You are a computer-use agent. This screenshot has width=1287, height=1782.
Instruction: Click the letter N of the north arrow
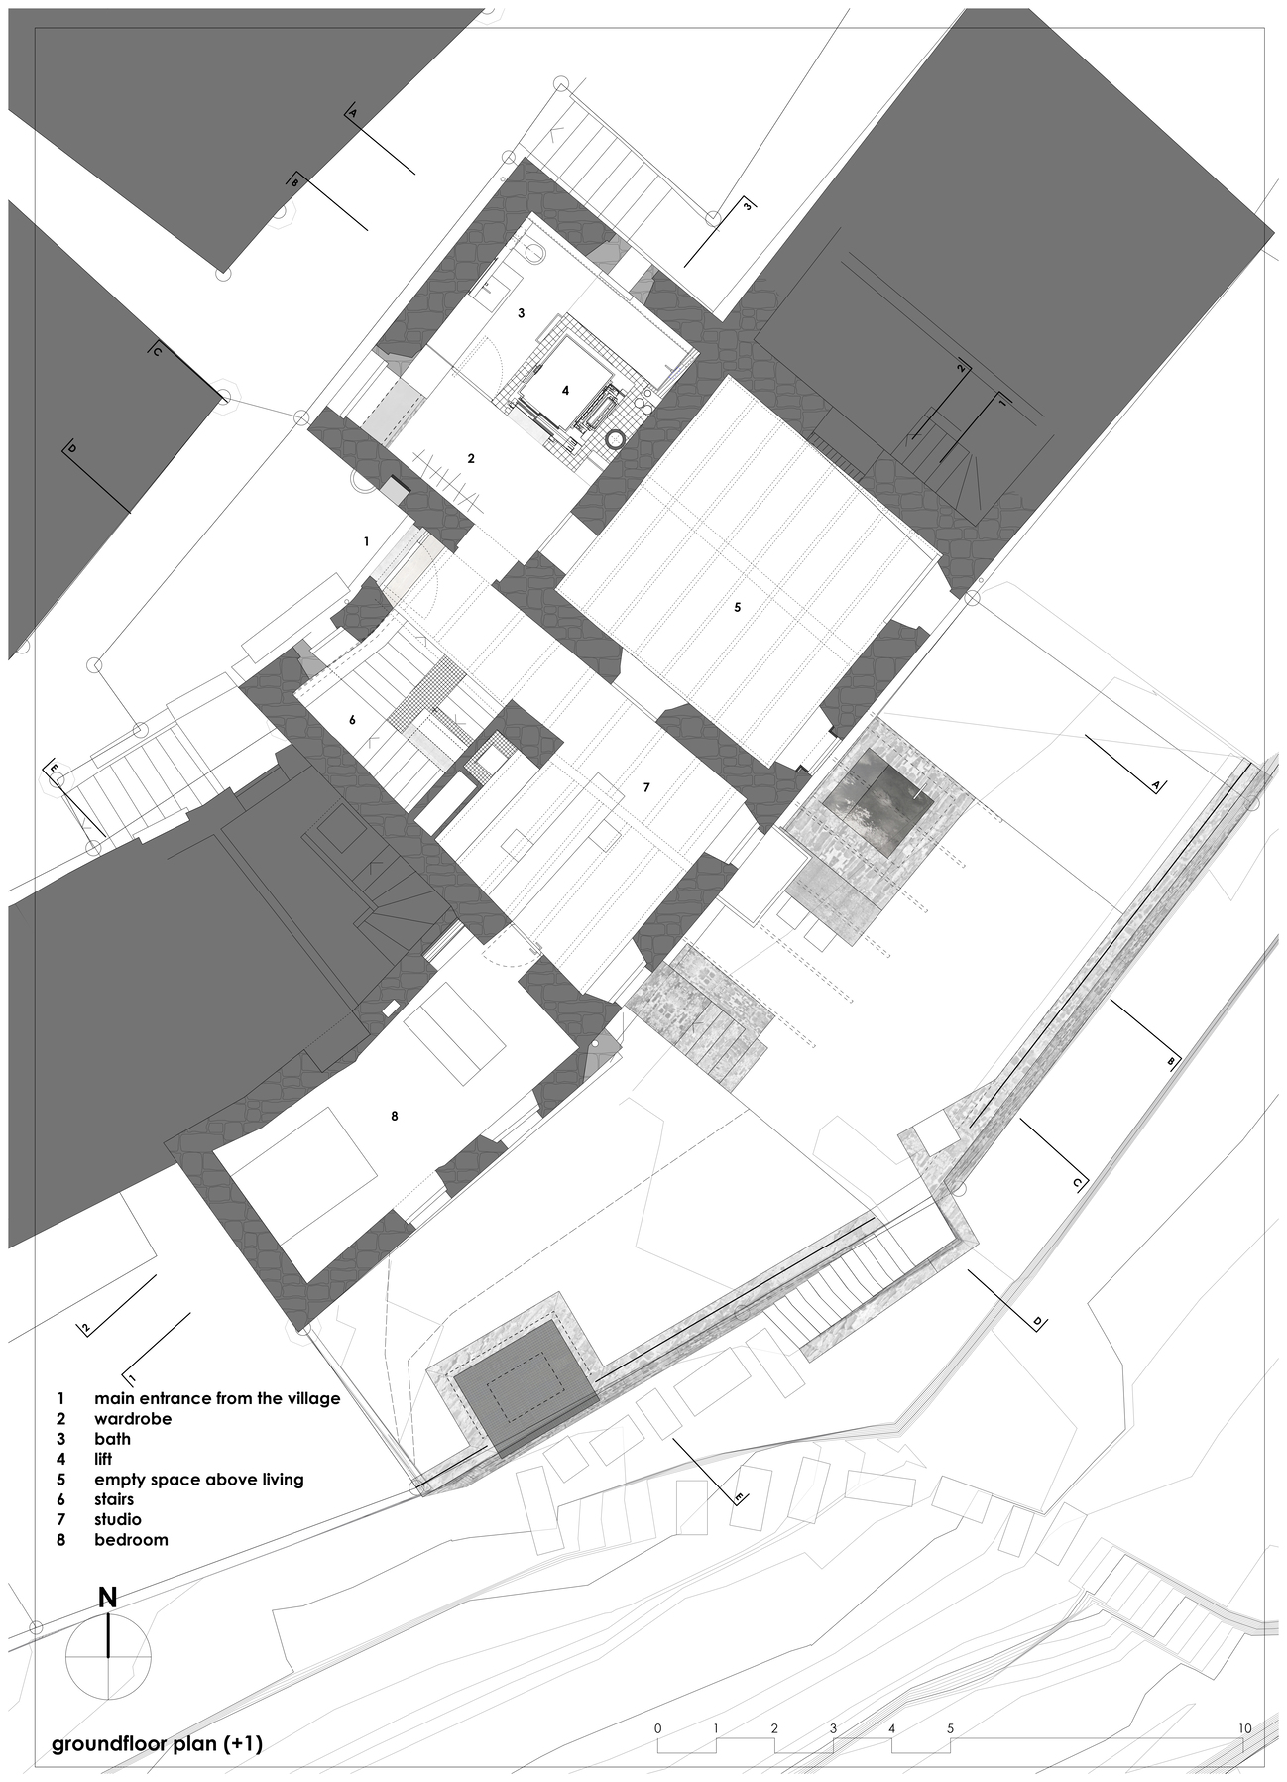tap(108, 1597)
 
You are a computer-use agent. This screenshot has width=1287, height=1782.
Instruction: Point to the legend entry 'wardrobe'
tap(133, 1418)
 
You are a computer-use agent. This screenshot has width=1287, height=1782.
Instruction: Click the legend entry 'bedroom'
tap(131, 1539)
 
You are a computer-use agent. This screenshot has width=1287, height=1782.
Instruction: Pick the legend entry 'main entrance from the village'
tap(217, 1398)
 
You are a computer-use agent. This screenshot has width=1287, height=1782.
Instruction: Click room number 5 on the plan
tap(737, 606)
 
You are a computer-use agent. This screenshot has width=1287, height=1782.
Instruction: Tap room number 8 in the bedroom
tap(395, 1116)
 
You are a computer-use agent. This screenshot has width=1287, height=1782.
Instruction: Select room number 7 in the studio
tap(645, 786)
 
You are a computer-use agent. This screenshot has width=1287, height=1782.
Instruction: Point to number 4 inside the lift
tap(565, 391)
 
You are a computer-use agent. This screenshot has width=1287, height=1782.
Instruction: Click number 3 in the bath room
tap(521, 312)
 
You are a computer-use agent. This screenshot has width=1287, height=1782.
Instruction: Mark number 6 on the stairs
tap(352, 720)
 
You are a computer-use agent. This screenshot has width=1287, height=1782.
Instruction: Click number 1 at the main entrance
tap(366, 541)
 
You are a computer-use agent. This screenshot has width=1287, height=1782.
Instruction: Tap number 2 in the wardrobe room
tap(471, 458)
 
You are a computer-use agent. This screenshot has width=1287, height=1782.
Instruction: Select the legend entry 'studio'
tap(118, 1519)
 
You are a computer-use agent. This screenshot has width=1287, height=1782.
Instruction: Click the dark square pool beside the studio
tap(877, 799)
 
